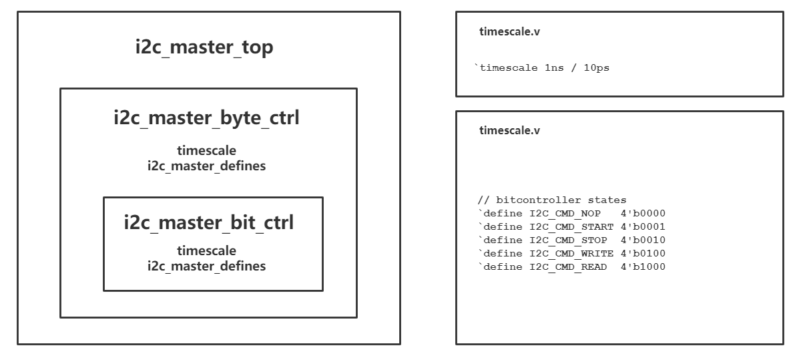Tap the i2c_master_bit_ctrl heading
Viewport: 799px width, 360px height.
pyautogui.click(x=208, y=222)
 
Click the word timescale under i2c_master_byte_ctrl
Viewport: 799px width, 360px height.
pyautogui.click(x=206, y=152)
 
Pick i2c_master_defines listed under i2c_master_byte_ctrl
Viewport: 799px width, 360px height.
pyautogui.click(x=206, y=166)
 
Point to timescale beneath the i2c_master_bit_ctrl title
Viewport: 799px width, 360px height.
pyautogui.click(x=206, y=252)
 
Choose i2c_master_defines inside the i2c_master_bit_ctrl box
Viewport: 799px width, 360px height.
pyautogui.click(x=206, y=266)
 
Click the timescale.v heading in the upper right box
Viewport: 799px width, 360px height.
pyautogui.click(x=509, y=32)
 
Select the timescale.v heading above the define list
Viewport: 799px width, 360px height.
pyautogui.click(x=509, y=130)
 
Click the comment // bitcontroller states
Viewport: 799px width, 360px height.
pyautogui.click(x=551, y=200)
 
